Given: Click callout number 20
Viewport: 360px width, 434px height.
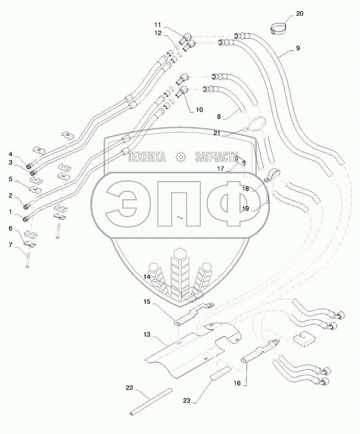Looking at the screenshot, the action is pos(300,14).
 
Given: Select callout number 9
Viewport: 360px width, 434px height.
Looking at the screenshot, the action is pos(297,48).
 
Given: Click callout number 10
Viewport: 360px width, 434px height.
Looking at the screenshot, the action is pos(199,110).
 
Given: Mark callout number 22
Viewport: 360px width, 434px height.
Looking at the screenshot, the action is pos(129,388).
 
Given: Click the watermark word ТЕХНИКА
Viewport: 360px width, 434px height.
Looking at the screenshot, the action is pos(147,157).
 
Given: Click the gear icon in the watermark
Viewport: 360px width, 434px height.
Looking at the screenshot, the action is pos(180,157).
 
